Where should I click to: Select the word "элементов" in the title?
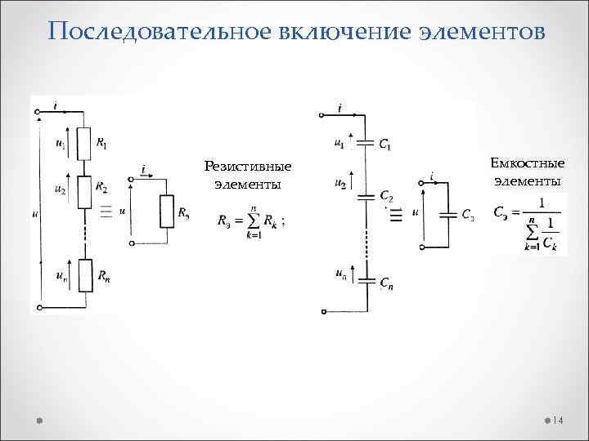coord(480,32)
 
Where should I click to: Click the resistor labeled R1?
coord(82,144)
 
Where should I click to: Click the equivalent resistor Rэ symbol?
coord(166,212)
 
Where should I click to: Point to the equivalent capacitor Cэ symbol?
coord(447,215)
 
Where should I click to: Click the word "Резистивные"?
coord(248,167)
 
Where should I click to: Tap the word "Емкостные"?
coord(528,163)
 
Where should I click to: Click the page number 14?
coord(558,420)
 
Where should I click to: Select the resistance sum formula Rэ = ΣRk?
coord(252,220)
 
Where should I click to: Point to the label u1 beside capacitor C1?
coord(339,143)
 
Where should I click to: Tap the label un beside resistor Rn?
coord(61,277)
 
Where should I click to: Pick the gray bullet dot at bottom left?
coord(39,420)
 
